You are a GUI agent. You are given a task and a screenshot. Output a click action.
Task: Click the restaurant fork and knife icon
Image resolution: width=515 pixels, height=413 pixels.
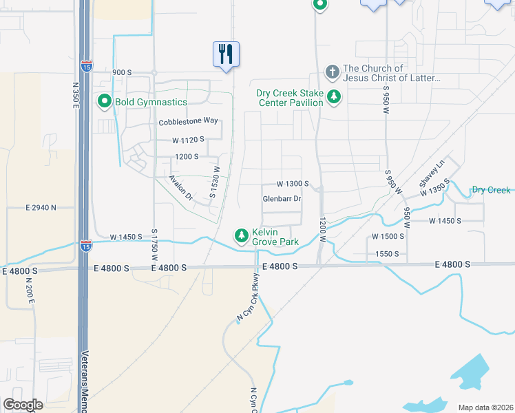[226, 54]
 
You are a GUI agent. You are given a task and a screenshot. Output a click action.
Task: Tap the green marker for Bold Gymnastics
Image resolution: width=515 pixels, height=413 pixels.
[105, 102]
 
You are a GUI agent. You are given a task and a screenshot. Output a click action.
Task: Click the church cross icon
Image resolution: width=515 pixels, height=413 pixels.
[332, 72]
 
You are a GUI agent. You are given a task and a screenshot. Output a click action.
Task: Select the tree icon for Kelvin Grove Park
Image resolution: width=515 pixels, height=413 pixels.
[242, 236]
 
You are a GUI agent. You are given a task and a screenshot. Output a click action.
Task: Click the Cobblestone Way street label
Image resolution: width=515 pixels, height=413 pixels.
[188, 122]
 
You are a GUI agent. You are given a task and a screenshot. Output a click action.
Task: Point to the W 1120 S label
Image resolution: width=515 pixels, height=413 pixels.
[189, 140]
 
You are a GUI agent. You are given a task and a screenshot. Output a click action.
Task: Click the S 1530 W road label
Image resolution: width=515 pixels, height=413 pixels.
[214, 182]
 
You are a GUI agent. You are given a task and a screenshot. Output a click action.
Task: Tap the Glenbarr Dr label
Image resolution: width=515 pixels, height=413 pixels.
[282, 199]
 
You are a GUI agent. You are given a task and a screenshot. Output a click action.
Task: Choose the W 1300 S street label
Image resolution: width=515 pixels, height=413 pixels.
[293, 184]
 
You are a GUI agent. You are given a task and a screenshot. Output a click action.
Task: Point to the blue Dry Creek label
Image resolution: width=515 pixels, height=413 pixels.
[491, 190]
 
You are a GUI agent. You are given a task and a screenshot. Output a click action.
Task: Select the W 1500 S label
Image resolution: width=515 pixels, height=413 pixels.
[388, 236]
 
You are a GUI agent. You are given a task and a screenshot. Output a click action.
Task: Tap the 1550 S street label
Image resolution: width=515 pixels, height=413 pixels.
[387, 254]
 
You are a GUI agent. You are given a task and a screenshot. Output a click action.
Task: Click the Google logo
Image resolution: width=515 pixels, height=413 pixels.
[23, 405]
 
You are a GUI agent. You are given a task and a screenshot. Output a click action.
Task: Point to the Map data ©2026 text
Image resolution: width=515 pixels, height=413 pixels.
[485, 407]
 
